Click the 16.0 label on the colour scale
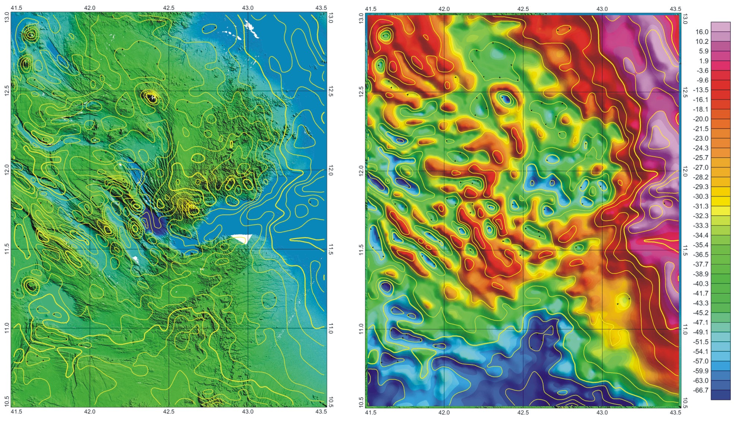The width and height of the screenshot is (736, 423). (x=701, y=32)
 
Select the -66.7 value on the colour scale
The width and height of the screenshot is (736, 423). (x=701, y=390)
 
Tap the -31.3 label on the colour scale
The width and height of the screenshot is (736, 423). (x=701, y=206)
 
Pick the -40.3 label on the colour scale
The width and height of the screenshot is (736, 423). (x=701, y=284)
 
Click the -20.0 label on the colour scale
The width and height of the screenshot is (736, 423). (x=701, y=119)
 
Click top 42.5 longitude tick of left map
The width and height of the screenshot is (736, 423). (x=169, y=8)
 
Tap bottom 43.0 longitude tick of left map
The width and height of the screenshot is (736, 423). (x=248, y=412)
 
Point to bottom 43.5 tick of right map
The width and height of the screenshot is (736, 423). (x=675, y=413)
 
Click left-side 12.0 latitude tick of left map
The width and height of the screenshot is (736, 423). (x=7, y=170)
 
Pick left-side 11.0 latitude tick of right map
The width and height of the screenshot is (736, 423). (x=361, y=329)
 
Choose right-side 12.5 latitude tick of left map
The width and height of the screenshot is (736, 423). (x=330, y=91)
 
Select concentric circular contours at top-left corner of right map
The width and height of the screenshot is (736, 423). (x=385, y=36)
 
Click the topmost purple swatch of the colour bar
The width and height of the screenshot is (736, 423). (x=720, y=26)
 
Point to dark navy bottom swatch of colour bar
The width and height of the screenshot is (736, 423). (x=720, y=395)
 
